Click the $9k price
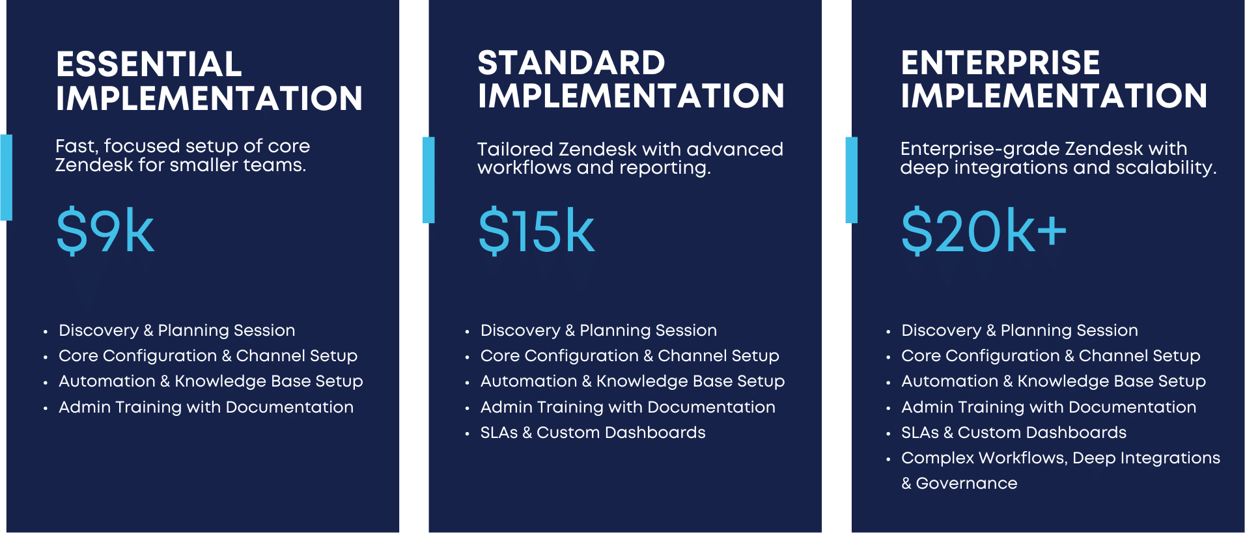click(105, 231)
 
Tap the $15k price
click(536, 231)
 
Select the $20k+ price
click(983, 231)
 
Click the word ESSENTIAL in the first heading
click(149, 64)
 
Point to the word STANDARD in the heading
click(571, 63)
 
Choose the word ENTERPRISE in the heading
click(1000, 63)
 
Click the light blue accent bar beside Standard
click(428, 180)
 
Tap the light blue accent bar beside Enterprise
click(851, 180)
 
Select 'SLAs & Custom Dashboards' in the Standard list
click(593, 433)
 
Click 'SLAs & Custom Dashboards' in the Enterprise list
click(1013, 433)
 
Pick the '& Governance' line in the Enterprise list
click(959, 484)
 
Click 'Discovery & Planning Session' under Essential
click(176, 331)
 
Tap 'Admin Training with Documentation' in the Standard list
click(628, 407)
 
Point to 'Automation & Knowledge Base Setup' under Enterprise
click(1053, 381)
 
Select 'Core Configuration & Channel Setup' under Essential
click(208, 356)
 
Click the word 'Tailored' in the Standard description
click(515, 150)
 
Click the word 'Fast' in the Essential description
click(76, 146)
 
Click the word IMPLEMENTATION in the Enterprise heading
click(1054, 96)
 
